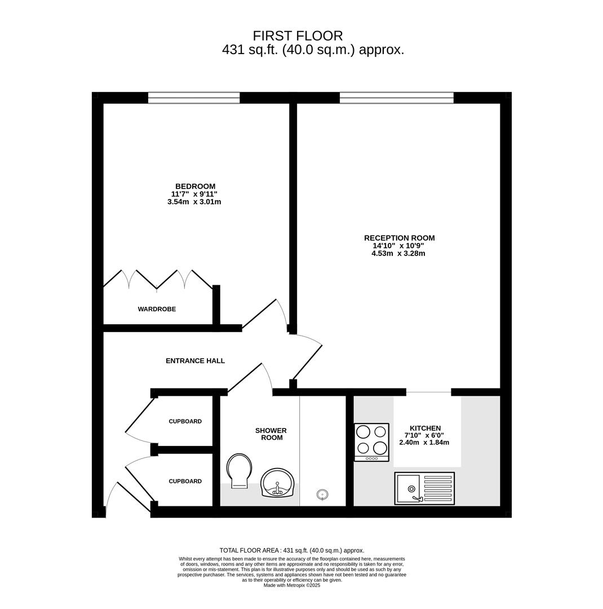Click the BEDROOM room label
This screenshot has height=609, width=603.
[195, 187]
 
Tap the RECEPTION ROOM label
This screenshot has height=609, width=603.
[399, 238]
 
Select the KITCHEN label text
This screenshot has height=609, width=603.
[425, 428]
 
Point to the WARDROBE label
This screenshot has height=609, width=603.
[157, 309]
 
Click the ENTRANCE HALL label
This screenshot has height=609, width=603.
[196, 361]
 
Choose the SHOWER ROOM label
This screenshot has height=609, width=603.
[271, 434]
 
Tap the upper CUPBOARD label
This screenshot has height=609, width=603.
[185, 421]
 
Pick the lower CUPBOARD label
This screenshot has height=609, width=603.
[185, 481]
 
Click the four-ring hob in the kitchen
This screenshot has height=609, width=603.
[371, 442]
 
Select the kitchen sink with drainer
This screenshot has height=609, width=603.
[424, 488]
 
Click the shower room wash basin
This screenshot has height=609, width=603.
[278, 483]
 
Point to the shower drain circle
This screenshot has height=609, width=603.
[322, 495]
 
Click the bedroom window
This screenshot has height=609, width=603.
[194, 98]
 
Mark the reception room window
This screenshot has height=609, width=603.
[396, 98]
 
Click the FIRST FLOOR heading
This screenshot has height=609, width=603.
[298, 36]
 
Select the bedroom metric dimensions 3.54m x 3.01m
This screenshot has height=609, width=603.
[194, 202]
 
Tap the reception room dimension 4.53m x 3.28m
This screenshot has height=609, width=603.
[398, 254]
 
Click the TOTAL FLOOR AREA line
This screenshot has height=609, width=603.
[292, 550]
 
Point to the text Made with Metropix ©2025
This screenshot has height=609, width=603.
[292, 585]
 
